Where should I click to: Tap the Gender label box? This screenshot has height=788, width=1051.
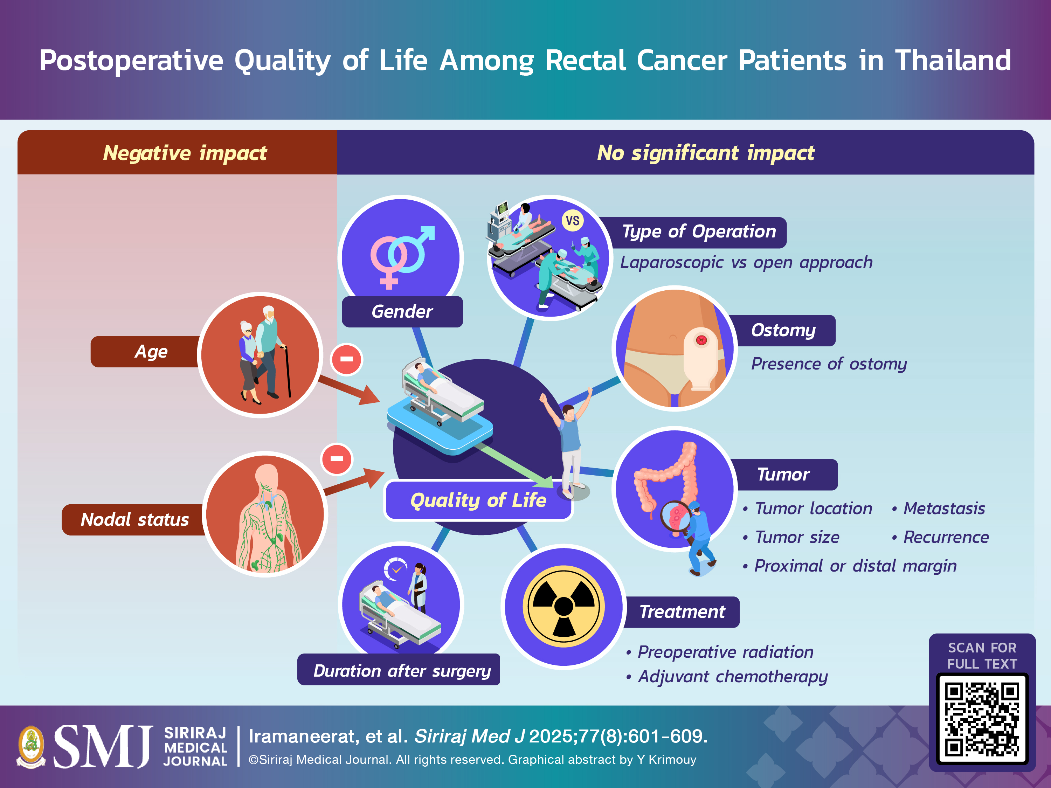(x=402, y=312)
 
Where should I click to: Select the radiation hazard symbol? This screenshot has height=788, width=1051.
(x=563, y=607)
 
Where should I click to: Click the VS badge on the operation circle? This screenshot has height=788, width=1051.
(x=573, y=221)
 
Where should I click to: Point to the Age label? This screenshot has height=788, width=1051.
(x=151, y=352)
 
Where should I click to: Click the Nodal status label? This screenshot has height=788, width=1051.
(x=135, y=519)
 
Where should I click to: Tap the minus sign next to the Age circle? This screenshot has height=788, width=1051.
(x=346, y=359)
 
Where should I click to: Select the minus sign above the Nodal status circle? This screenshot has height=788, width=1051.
(x=337, y=459)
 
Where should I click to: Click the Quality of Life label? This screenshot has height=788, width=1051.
(x=478, y=500)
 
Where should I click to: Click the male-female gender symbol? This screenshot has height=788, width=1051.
(x=402, y=257)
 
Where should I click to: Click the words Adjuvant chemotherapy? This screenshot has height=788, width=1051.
(x=733, y=677)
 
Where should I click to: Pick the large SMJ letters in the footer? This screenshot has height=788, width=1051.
(x=103, y=746)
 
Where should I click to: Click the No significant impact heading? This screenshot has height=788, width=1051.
(x=706, y=153)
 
